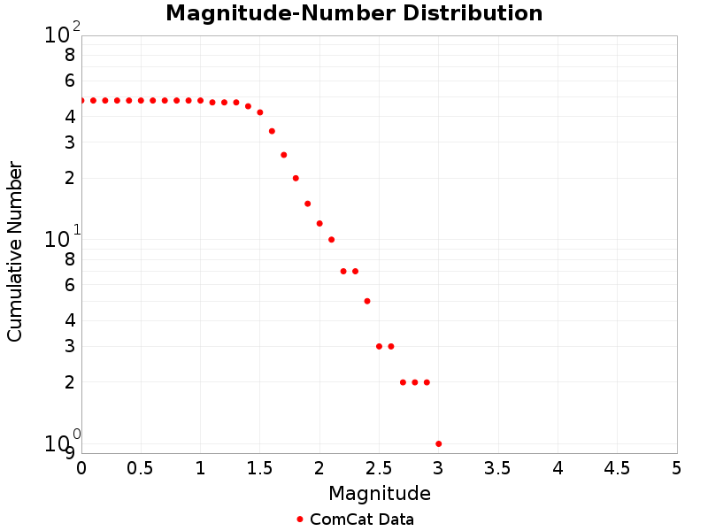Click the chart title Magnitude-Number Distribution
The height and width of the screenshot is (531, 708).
pos(354,13)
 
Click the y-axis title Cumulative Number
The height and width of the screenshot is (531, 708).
pos(15,251)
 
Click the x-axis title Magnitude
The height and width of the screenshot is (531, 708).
pos(380,494)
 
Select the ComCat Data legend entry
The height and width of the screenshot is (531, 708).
pos(361,519)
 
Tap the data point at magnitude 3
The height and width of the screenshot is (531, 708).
pos(439,443)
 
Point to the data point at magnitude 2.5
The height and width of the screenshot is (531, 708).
pos(379,346)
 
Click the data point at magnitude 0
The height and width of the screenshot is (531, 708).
pos(81,101)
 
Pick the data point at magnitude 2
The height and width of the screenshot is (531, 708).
pos(319,224)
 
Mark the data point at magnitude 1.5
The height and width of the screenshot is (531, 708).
pos(260,112)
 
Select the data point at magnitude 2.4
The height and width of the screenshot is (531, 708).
pos(367,301)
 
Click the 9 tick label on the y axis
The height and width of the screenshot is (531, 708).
pos(70,453)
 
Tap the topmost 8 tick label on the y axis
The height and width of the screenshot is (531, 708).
pos(70,55)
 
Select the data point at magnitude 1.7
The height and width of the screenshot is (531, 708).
pos(284,155)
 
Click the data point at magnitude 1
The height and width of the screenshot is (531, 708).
pos(201,101)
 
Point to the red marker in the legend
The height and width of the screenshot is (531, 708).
pos(300,519)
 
